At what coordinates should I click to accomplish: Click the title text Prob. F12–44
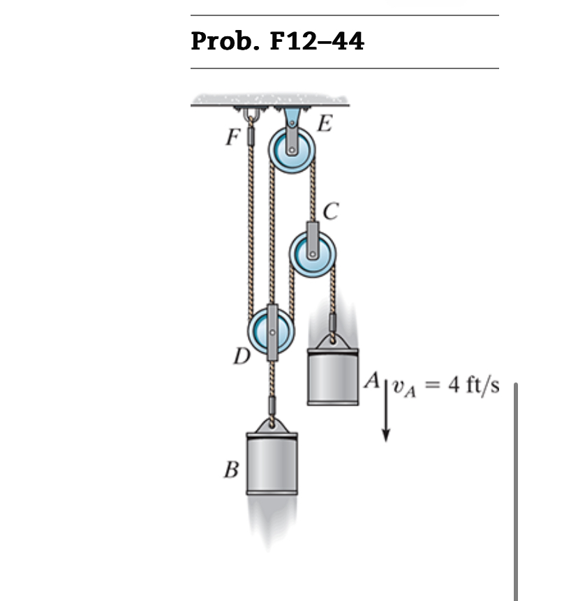(x=277, y=42)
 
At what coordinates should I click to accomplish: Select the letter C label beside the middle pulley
(x=332, y=208)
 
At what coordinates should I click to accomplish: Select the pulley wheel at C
(x=313, y=252)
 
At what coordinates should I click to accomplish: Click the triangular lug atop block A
(x=333, y=340)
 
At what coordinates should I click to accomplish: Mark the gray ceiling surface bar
(x=270, y=101)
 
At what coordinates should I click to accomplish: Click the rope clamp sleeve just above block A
(x=333, y=322)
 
